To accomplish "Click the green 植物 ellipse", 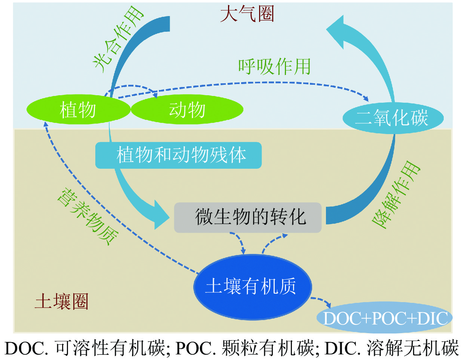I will pyautogui.click(x=78, y=110).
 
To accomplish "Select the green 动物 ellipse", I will pyautogui.click(x=187, y=110).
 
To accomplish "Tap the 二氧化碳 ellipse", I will pyautogui.click(x=392, y=118).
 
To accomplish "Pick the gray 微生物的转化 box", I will pyautogui.click(x=248, y=217).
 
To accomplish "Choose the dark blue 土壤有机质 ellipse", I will pyautogui.click(x=252, y=287).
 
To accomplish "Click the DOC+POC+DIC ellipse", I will pyautogui.click(x=385, y=318).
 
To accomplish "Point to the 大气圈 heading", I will pyautogui.click(x=247, y=14).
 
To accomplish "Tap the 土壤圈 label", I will pyautogui.click(x=62, y=301).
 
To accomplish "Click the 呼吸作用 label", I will pyautogui.click(x=274, y=67).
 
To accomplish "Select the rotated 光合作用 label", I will pyautogui.click(x=118, y=39).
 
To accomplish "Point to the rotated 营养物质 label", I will pyautogui.click(x=88, y=217).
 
